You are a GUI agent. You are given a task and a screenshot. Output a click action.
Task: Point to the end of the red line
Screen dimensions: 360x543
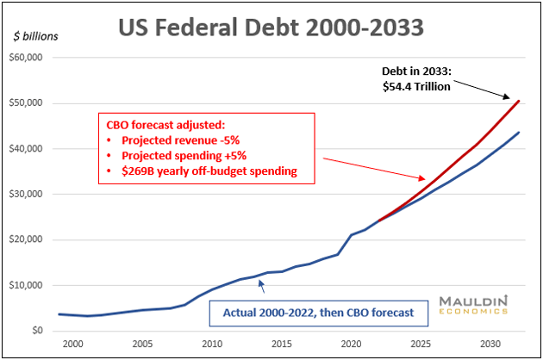tap(519, 101)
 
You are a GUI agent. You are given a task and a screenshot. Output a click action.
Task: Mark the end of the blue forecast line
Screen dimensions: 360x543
tap(519, 133)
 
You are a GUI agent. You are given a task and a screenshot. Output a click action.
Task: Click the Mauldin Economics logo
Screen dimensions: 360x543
tap(471, 307)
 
